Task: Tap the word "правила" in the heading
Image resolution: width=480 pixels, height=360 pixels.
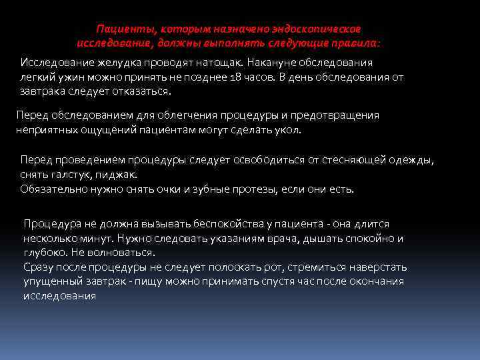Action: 354,43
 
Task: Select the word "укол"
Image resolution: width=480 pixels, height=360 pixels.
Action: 288,130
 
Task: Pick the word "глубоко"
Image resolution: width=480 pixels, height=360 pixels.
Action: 43,253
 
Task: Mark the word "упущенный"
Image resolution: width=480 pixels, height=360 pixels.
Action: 51,281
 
